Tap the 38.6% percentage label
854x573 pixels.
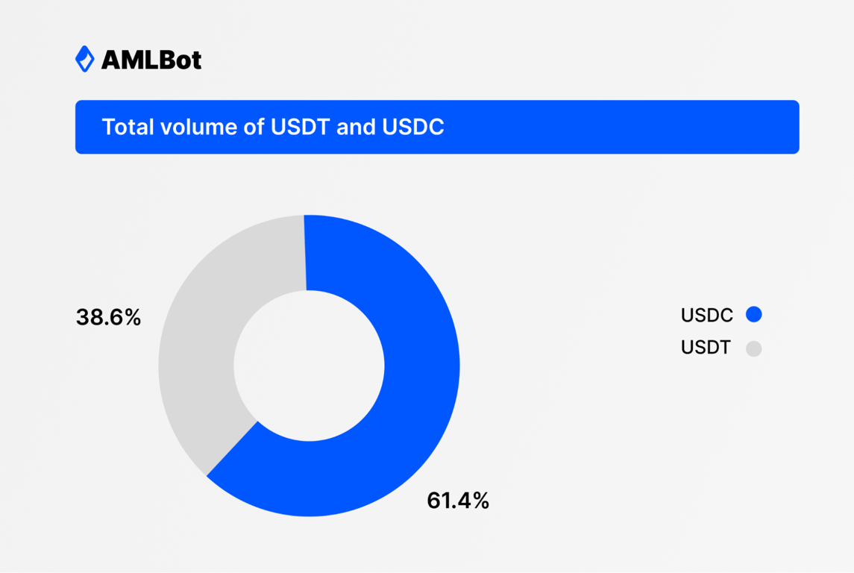point(108,318)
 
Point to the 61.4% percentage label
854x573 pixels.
point(458,501)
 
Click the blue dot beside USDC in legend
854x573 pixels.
point(754,315)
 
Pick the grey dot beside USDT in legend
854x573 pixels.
point(754,348)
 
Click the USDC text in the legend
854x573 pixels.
point(707,316)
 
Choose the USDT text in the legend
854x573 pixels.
point(706,348)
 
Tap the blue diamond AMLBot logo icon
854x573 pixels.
point(85,59)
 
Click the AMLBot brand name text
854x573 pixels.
point(151,60)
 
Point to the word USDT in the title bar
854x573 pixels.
point(298,128)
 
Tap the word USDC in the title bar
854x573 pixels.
point(412,128)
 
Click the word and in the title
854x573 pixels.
point(355,128)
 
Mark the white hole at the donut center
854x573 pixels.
point(309,366)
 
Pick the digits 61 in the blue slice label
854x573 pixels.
point(439,501)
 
